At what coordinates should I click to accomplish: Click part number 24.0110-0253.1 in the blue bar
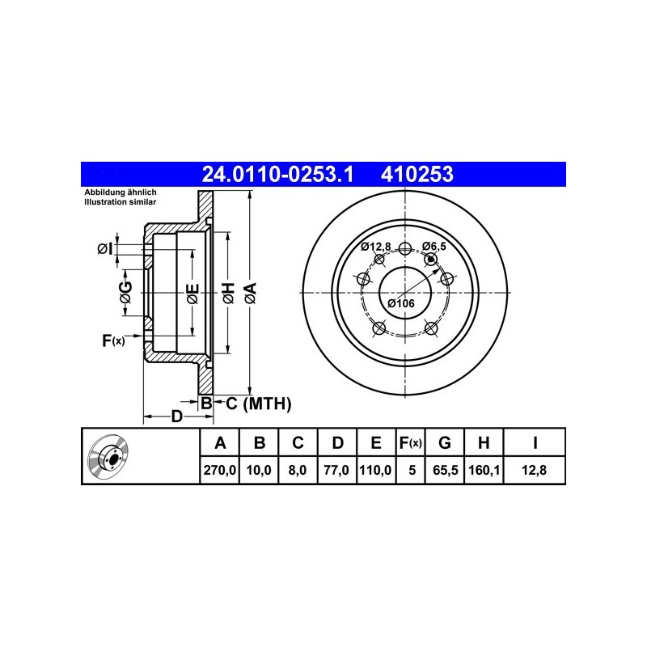pos(277,174)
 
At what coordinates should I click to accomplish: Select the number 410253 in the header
pos(417,174)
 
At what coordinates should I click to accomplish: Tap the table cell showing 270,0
pos(219,470)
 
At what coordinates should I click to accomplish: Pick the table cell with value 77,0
pos(336,470)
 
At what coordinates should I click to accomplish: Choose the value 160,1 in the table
pos(484,470)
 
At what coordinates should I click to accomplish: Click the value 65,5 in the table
pos(446,470)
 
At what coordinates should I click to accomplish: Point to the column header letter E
pos(376,442)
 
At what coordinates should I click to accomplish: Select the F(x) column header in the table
pos(411,442)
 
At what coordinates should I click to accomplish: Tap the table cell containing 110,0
pos(375,470)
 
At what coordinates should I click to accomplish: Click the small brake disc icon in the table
pos(108,455)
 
